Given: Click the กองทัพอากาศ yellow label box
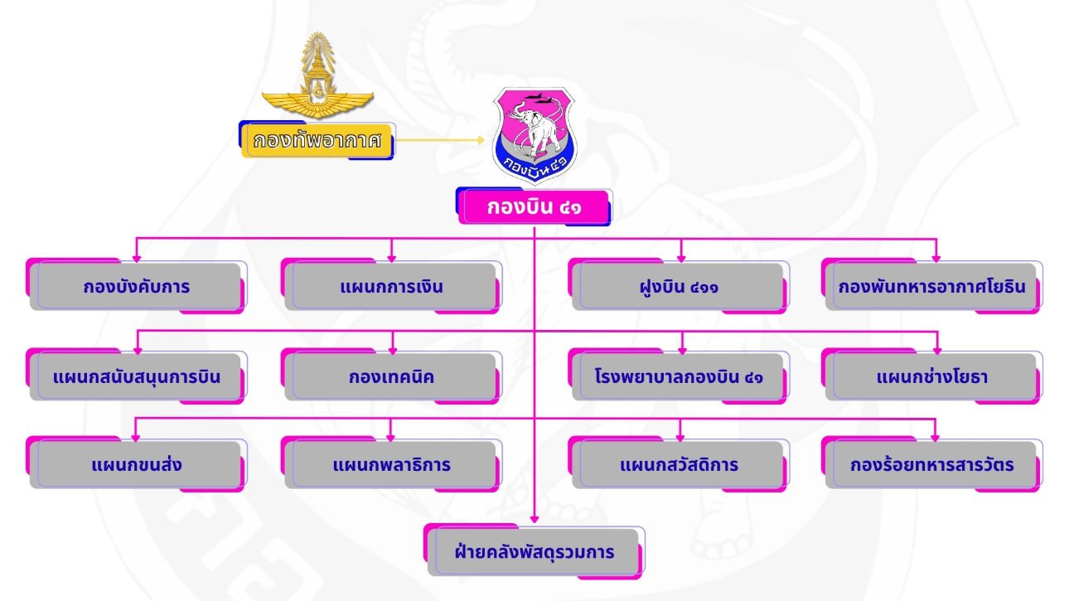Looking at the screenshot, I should tap(317, 140).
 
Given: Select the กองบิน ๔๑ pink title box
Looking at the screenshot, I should tap(534, 207).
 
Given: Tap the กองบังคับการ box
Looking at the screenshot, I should tap(137, 287).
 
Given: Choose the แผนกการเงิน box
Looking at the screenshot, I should tap(391, 287).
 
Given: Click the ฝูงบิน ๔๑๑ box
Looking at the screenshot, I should tap(680, 287).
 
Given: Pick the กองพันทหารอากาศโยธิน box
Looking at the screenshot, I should tap(932, 287).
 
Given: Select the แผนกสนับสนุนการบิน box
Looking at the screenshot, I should tap(137, 376).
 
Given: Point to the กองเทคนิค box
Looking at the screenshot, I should tap(391, 376).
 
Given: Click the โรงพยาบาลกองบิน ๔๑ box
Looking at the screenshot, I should tap(680, 376).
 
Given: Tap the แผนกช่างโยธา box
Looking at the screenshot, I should tap(932, 376).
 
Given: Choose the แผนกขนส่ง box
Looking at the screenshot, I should tap(137, 464).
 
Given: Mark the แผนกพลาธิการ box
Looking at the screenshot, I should tap(391, 464).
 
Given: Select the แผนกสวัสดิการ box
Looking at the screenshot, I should tap(680, 464).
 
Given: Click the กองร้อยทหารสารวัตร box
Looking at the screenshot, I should tap(932, 464).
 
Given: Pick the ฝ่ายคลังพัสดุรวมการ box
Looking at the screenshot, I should tap(534, 551).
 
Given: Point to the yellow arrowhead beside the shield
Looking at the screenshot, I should tap(480, 140).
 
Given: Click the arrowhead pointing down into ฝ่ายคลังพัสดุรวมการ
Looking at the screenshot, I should tap(535, 520).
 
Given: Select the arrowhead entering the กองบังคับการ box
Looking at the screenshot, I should tap(137, 256).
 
